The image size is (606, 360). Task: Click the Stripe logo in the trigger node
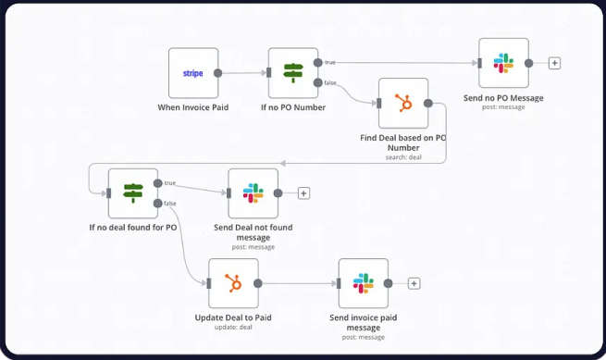click(x=192, y=73)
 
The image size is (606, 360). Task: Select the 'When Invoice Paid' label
click(x=192, y=107)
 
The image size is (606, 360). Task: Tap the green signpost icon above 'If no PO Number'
click(x=293, y=73)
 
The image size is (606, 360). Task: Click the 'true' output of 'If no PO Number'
click(x=317, y=63)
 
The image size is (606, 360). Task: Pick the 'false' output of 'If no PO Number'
click(x=317, y=82)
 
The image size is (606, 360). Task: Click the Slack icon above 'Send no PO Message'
click(x=503, y=63)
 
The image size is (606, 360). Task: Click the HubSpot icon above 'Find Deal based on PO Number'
click(x=403, y=104)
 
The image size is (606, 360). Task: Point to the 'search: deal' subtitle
click(x=403, y=157)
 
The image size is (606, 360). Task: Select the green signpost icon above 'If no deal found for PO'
click(x=133, y=192)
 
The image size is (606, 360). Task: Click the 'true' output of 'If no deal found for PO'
click(x=157, y=183)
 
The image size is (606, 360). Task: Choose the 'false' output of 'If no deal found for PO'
click(x=157, y=203)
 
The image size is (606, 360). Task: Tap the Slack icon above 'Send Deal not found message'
click(x=254, y=192)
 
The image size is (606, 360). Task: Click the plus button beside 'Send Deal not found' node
click(x=303, y=193)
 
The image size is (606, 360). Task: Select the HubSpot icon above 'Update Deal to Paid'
click(x=233, y=283)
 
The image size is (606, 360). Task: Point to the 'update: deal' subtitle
click(x=233, y=327)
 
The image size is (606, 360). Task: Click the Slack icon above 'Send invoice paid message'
click(x=364, y=283)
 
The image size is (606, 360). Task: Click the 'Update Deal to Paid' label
click(x=233, y=317)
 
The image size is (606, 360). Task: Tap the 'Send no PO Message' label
click(x=503, y=98)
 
